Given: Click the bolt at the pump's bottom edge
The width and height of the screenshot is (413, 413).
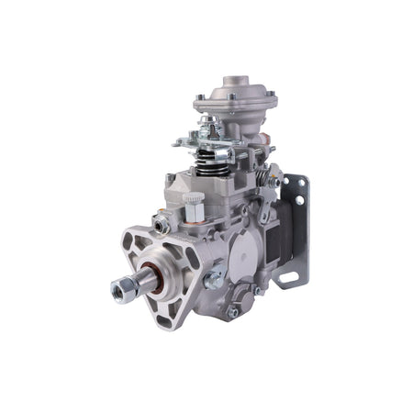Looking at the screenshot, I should (233, 311).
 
